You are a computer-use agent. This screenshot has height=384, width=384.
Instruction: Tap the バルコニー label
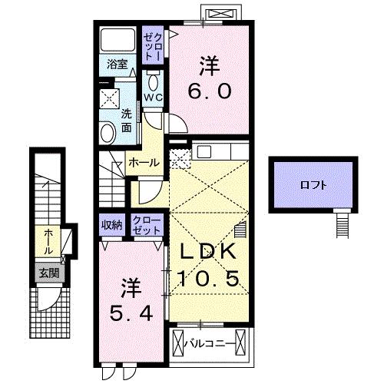[x=208, y=343]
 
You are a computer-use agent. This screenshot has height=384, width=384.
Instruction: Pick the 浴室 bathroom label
[x=117, y=66]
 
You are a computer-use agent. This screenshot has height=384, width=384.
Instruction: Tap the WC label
[x=153, y=98]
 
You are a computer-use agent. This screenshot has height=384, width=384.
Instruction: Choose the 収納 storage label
[x=112, y=224]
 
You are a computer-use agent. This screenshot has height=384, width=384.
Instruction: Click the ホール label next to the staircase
[x=144, y=162]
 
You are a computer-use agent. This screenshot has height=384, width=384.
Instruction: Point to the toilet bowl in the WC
[x=152, y=83]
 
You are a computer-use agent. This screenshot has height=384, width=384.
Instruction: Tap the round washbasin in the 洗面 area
[x=108, y=131]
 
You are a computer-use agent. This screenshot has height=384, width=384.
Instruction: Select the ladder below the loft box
[x=343, y=223]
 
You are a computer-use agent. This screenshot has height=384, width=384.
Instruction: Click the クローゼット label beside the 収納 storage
[x=146, y=225]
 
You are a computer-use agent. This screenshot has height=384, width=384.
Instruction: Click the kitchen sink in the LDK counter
[x=204, y=151]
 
